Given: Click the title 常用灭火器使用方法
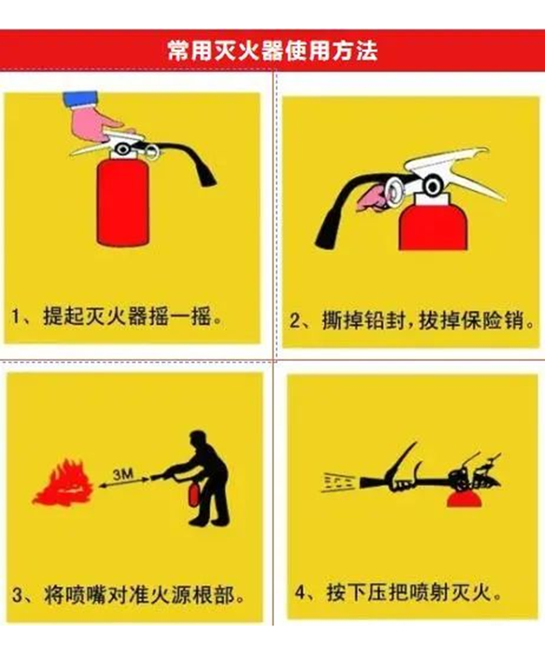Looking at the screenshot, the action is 272,51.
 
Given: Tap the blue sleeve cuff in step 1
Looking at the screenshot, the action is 81,100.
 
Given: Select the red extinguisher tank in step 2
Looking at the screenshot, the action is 433,228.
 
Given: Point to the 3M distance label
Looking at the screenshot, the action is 123,475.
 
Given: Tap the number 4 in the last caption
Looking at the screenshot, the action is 300,592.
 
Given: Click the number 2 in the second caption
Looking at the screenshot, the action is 295,321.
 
